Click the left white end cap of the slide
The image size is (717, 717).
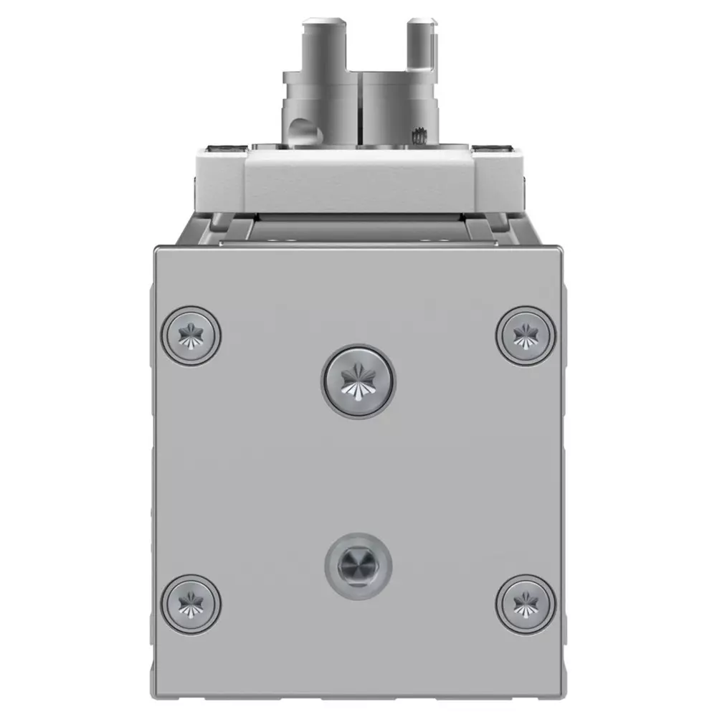[219, 179]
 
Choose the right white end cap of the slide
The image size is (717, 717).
[498, 179]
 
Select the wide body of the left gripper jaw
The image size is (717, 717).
[319, 100]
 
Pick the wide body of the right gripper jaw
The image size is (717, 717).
[398, 100]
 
